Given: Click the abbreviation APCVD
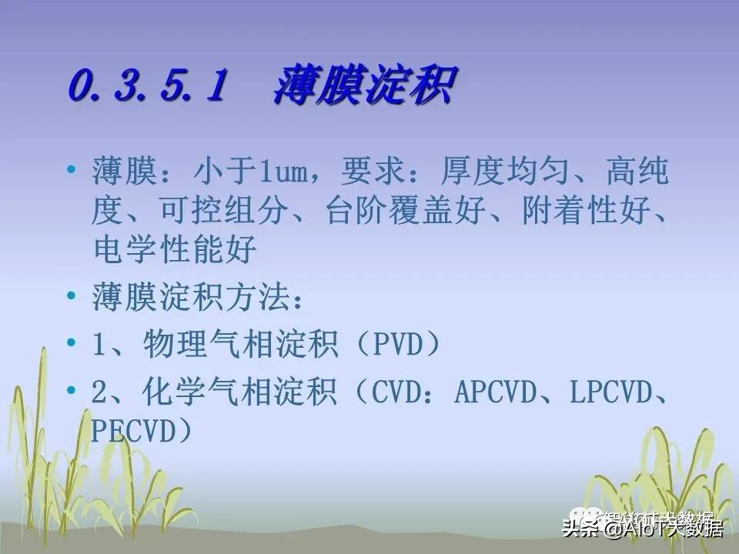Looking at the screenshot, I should [500, 393].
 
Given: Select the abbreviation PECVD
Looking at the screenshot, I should [134, 430].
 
